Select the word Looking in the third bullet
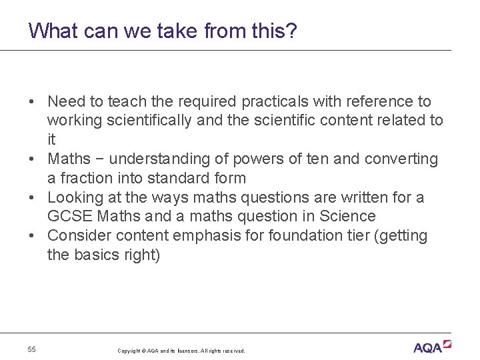point(75,198)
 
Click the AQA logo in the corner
point(432,347)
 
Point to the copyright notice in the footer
point(181,351)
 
